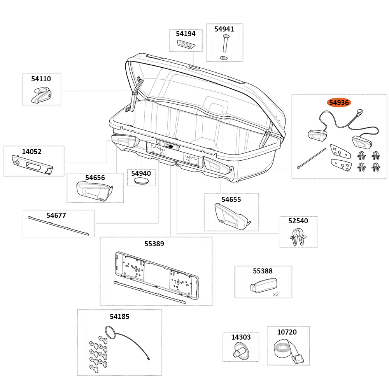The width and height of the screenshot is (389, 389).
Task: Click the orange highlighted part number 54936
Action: click(x=339, y=103)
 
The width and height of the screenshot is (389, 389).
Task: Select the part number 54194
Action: click(x=186, y=34)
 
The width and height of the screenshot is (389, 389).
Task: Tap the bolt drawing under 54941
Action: click(x=225, y=43)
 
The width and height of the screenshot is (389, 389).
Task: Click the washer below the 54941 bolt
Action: click(x=224, y=58)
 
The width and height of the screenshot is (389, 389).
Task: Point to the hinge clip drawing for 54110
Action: click(x=41, y=95)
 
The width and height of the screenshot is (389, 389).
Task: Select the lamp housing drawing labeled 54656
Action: click(x=95, y=191)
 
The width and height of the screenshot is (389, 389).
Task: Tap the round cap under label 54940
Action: click(x=141, y=181)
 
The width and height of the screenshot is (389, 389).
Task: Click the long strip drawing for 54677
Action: click(x=58, y=226)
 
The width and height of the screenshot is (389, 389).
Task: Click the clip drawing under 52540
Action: click(x=298, y=237)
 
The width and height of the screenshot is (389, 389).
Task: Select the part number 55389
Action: click(x=154, y=244)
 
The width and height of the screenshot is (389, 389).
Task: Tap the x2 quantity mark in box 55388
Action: click(x=275, y=294)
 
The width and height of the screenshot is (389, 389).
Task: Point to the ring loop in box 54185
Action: click(x=109, y=332)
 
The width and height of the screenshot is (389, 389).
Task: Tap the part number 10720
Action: click(x=287, y=332)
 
